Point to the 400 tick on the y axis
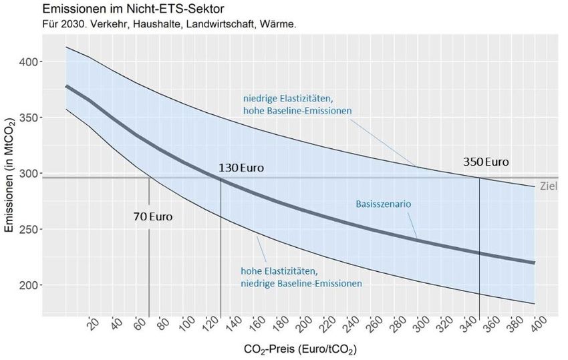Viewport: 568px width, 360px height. click(31, 62)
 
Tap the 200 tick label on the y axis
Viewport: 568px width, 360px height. click(31, 285)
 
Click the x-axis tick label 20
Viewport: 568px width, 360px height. click(94, 326)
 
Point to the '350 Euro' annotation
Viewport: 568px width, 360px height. click(486, 162)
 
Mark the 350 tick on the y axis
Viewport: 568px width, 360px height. click(31, 118)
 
